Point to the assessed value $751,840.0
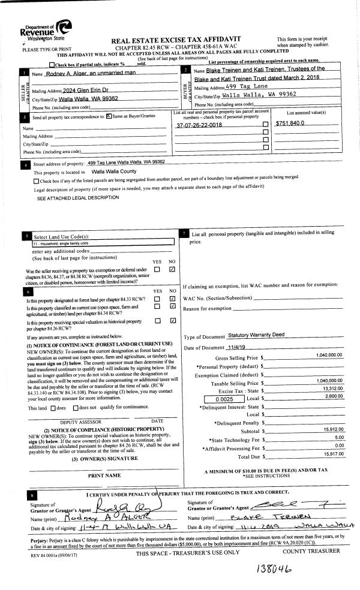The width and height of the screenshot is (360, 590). click(x=290, y=124)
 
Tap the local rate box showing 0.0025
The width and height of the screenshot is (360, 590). click(x=222, y=398)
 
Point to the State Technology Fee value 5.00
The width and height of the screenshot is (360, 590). click(x=337, y=438)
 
